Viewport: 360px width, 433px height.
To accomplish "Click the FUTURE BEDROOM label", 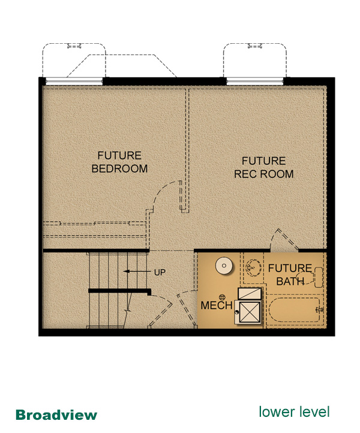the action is click(x=119, y=162).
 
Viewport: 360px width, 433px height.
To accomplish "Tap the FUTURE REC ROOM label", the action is click(x=263, y=167).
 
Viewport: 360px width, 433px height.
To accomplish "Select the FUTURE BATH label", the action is click(x=290, y=275).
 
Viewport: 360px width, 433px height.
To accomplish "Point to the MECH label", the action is click(x=217, y=305).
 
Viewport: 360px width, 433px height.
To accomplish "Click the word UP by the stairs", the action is click(x=160, y=272).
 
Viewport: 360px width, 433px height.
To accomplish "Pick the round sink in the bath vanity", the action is click(x=253, y=267).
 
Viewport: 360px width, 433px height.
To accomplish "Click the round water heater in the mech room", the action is click(x=224, y=266).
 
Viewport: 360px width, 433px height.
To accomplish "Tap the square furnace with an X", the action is click(x=250, y=312).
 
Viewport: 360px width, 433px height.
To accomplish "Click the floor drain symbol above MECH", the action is click(x=222, y=297).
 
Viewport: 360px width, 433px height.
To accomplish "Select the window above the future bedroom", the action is click(x=74, y=81).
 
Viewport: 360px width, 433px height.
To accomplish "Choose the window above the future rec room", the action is click(x=255, y=81).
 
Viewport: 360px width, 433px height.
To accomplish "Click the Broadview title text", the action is click(x=56, y=415).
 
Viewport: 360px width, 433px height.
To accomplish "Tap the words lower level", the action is click(x=294, y=412).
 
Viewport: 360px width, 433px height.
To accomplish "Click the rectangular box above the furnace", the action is click(x=250, y=293).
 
